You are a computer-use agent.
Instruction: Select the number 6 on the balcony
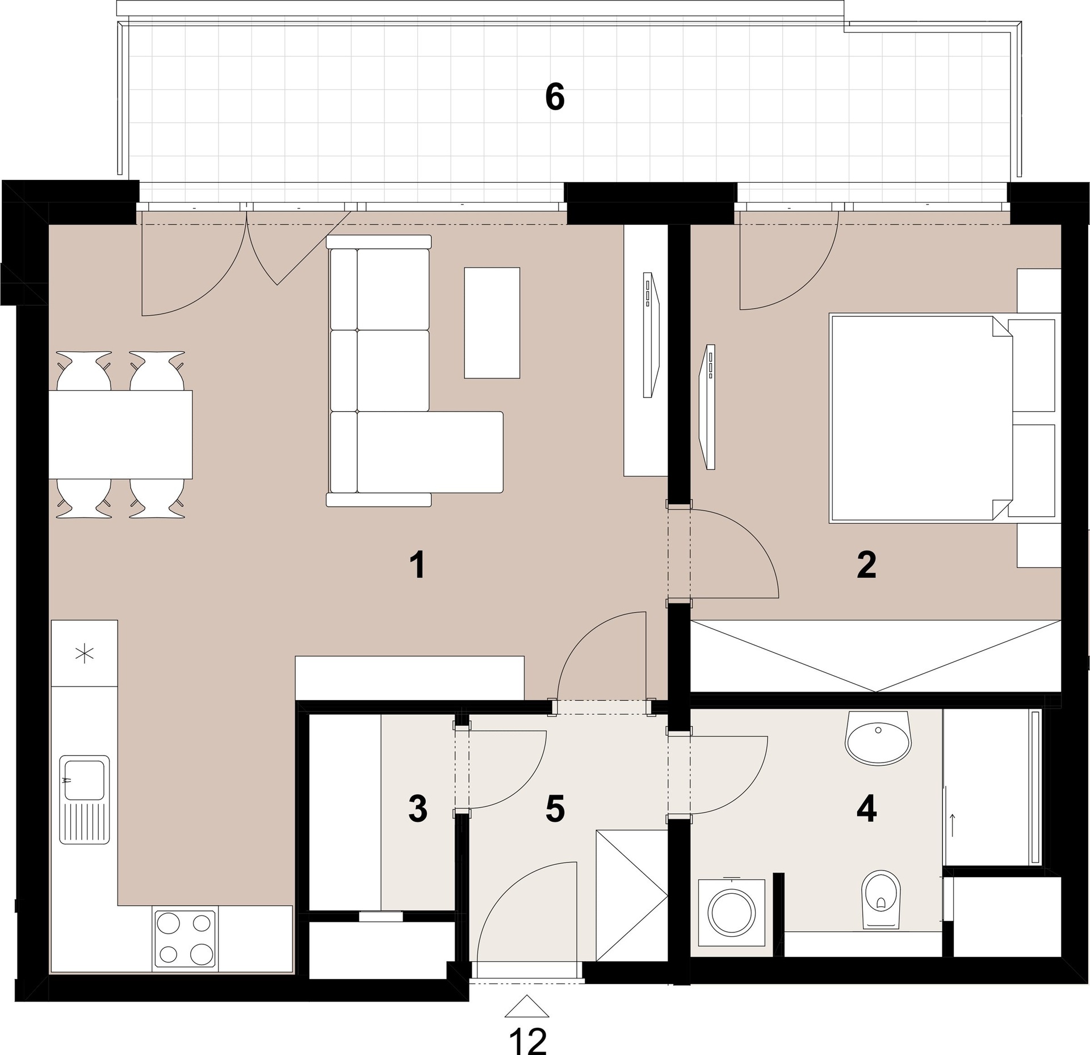(555, 98)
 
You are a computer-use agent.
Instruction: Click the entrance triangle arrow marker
(527, 1005)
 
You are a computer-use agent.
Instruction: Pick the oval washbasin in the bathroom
(878, 737)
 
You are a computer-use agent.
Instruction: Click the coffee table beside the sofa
(492, 323)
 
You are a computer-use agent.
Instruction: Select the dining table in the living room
(120, 434)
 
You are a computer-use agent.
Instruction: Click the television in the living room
(651, 336)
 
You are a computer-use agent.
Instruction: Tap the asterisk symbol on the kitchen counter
(84, 655)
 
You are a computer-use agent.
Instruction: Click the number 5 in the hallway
(555, 809)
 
